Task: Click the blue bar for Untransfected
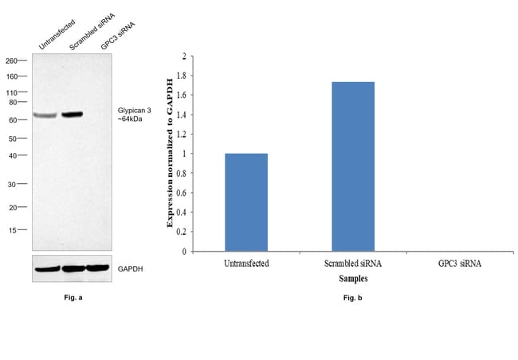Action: tap(246, 202)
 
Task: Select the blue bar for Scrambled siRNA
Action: tap(353, 166)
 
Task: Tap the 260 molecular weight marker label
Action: tap(12, 61)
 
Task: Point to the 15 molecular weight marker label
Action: tap(13, 230)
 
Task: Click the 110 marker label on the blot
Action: tap(12, 92)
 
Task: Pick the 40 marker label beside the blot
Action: tap(13, 155)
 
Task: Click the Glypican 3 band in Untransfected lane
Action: tap(45, 116)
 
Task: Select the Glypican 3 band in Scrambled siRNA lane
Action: tap(73, 115)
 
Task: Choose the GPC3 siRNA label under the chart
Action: tap(460, 262)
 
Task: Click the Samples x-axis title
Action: tap(352, 278)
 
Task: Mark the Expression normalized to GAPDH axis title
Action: tap(170, 153)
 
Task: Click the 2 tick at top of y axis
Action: tap(183, 57)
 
